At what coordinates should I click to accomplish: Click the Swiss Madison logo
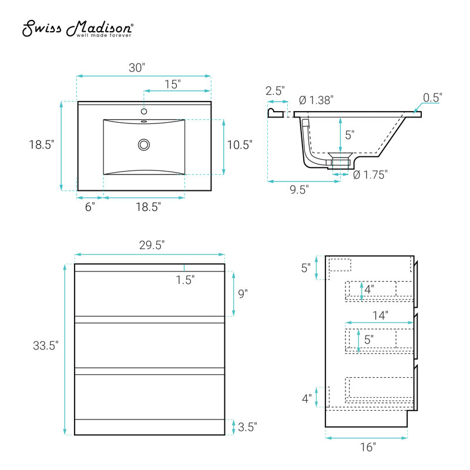[x=78, y=29]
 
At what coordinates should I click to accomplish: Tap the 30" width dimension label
[x=137, y=68]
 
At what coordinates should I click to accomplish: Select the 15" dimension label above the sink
[x=173, y=84]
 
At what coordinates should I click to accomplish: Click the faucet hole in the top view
[x=144, y=112]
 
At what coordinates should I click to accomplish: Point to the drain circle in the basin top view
[x=144, y=145]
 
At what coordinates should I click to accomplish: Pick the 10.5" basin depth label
[x=240, y=145]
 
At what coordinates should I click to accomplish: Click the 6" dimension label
[x=90, y=207]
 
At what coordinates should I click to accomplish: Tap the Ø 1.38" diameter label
[x=316, y=100]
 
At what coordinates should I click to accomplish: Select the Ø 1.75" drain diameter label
[x=370, y=174]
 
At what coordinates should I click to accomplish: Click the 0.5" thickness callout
[x=432, y=98]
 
